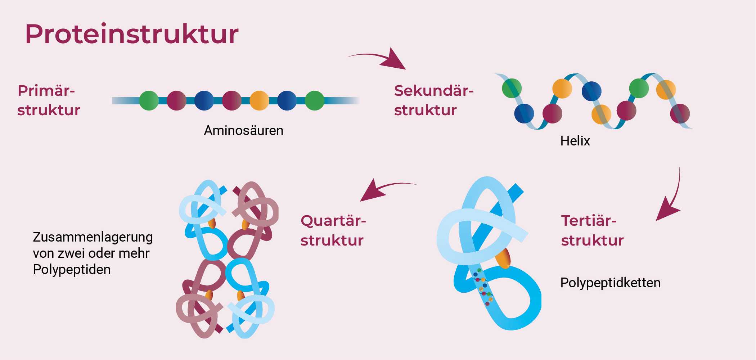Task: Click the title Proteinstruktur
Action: click(x=131, y=34)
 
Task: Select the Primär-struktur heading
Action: click(x=49, y=100)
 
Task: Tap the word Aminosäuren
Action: click(x=243, y=130)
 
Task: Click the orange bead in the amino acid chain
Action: click(x=259, y=100)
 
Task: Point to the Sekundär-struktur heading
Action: click(x=433, y=100)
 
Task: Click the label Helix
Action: click(x=575, y=141)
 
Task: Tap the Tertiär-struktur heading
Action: click(x=592, y=230)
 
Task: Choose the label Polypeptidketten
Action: click(x=610, y=283)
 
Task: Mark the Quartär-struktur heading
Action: click(x=333, y=230)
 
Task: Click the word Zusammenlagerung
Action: click(x=93, y=237)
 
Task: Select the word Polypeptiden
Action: click(x=72, y=270)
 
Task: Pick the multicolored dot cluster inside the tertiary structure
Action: click(x=483, y=287)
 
